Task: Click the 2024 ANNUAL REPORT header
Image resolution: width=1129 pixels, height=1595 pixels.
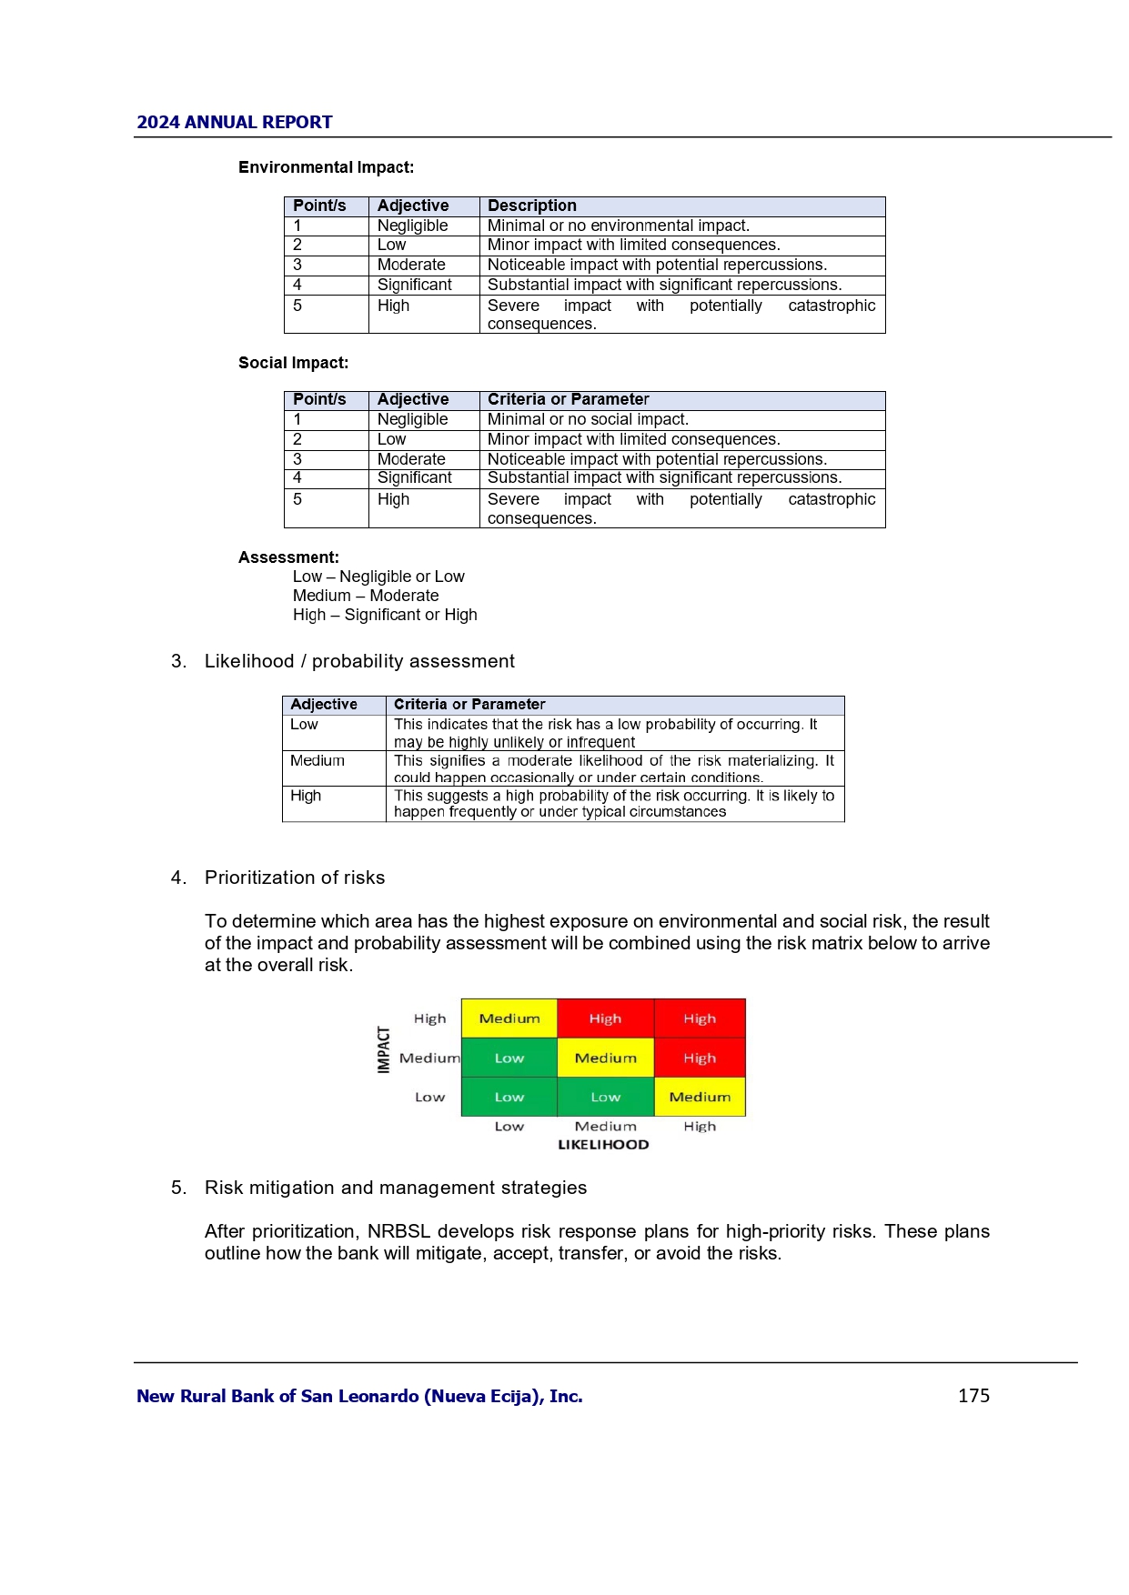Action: pyautogui.click(x=234, y=122)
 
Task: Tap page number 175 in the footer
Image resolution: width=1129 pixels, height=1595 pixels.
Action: pyautogui.click(x=973, y=1395)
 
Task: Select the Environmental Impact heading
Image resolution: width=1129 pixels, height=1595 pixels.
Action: pyautogui.click(x=326, y=167)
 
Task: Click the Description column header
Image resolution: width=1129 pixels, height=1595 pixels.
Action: pyautogui.click(x=532, y=206)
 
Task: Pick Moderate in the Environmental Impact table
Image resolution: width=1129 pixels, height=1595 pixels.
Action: pyautogui.click(x=411, y=265)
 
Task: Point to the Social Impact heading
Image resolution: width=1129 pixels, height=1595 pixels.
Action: pyautogui.click(x=293, y=363)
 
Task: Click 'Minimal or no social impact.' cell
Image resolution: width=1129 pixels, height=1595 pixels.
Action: pyautogui.click(x=588, y=419)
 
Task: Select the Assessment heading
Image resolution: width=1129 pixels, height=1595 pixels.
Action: pyautogui.click(x=288, y=557)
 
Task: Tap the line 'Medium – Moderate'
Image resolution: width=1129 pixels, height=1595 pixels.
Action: pyautogui.click(x=366, y=596)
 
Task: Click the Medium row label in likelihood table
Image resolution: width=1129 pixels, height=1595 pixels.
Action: pyautogui.click(x=318, y=760)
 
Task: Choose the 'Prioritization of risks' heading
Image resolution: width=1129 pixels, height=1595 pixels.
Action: pyautogui.click(x=294, y=878)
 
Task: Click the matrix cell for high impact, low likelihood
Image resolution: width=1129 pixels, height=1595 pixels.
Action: pyautogui.click(x=509, y=1018)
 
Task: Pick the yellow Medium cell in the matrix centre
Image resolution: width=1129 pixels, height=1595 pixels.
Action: pyautogui.click(x=605, y=1058)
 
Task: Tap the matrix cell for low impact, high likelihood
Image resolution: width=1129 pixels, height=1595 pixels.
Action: pyautogui.click(x=700, y=1097)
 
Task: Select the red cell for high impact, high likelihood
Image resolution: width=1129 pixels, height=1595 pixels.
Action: pyautogui.click(x=700, y=1018)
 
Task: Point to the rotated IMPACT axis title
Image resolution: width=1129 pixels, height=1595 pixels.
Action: pyautogui.click(x=384, y=1049)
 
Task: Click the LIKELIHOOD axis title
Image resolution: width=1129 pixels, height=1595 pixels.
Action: pyautogui.click(x=603, y=1145)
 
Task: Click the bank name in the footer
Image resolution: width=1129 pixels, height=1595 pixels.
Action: pyautogui.click(x=359, y=1396)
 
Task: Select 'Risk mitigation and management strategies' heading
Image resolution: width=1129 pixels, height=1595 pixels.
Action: pyautogui.click(x=396, y=1188)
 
